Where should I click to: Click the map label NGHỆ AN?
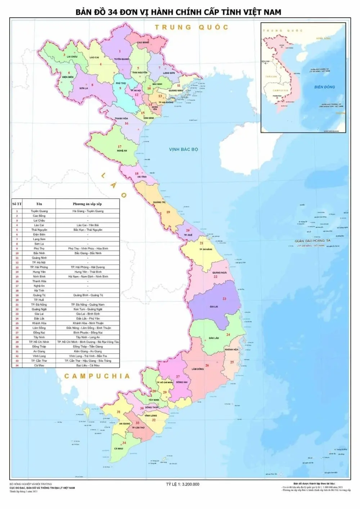click(122, 151)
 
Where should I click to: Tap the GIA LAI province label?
click(214, 307)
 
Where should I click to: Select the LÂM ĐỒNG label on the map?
click(198, 369)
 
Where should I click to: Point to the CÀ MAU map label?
click(119, 449)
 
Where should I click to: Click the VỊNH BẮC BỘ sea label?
click(184, 149)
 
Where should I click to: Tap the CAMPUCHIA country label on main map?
click(97, 376)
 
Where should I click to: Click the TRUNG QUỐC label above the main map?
click(192, 27)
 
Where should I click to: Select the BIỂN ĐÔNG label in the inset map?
click(324, 87)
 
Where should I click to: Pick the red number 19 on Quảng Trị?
click(168, 212)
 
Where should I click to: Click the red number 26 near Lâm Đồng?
click(207, 365)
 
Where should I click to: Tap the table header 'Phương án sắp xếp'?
click(87, 204)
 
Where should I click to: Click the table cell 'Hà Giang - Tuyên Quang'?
click(87, 211)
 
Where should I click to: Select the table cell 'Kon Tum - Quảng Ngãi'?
click(87, 309)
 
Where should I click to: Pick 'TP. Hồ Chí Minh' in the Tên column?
click(39, 342)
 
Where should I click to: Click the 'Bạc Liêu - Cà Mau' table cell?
click(87, 365)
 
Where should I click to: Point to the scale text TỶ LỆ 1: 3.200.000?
click(183, 484)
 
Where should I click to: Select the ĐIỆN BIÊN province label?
click(68, 77)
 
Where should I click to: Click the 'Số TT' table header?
click(17, 204)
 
